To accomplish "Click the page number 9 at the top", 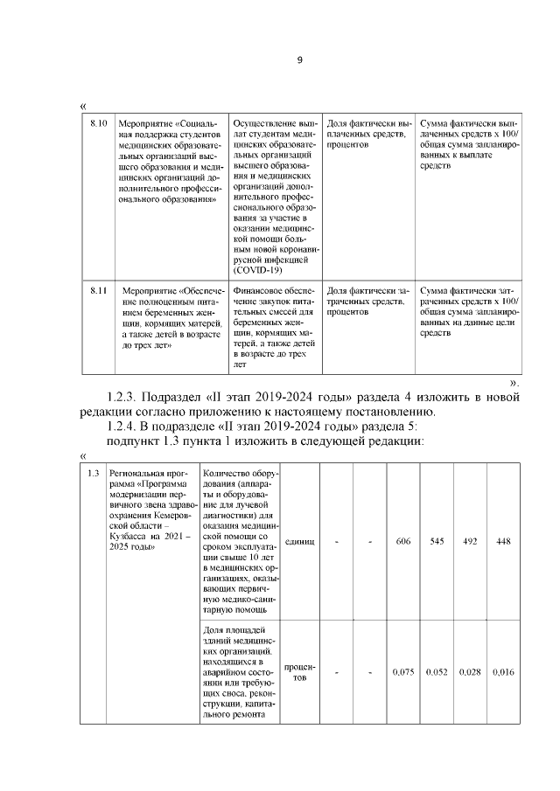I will point(299,60).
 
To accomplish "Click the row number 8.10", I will point(99,124).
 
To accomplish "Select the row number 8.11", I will point(99,288).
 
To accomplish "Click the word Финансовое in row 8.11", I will point(257,289).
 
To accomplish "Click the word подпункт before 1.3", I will point(136,441).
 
